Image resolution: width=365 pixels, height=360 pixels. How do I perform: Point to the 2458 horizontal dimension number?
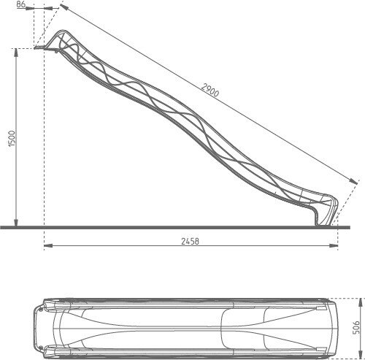tap(190, 241)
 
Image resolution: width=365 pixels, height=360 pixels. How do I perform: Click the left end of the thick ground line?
tap(3, 226)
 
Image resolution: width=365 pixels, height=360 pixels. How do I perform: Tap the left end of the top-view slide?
tap(34, 328)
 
